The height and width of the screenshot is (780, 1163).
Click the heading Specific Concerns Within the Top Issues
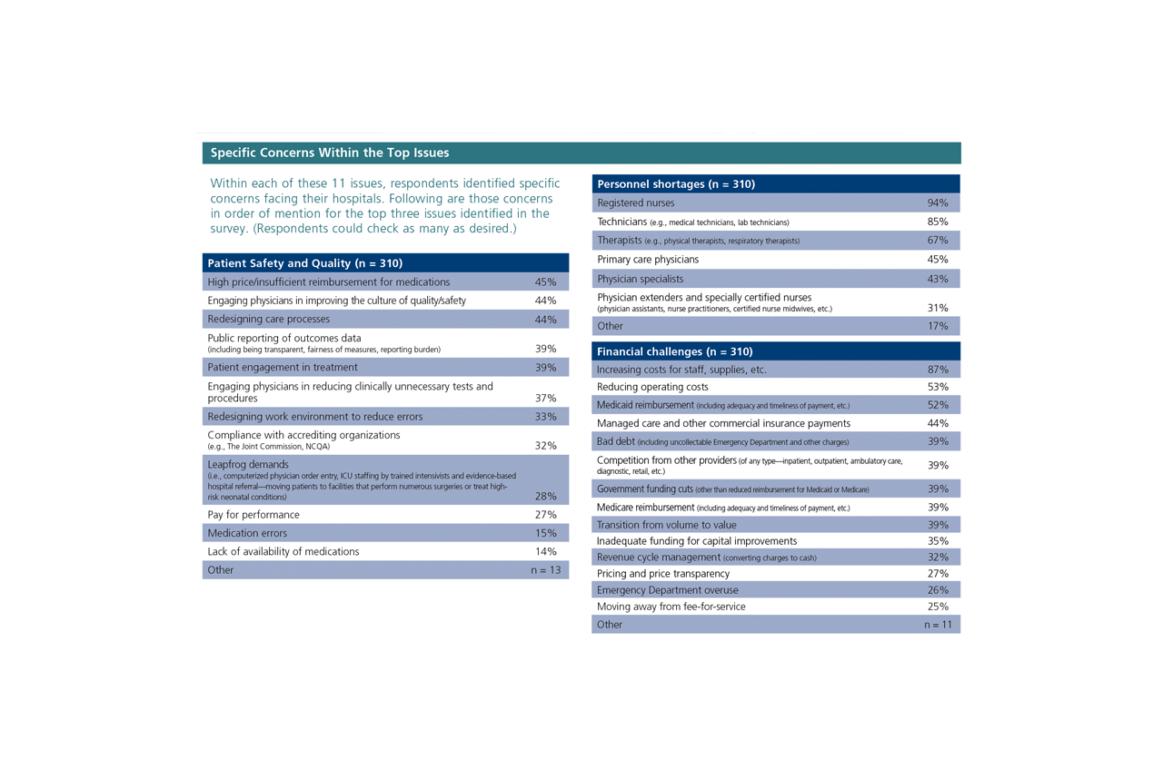point(330,153)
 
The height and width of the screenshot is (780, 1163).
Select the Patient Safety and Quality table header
point(304,263)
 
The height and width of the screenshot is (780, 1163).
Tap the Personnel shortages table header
point(676,184)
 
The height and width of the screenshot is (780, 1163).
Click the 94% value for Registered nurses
point(937,203)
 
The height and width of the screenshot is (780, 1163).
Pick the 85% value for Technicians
point(937,222)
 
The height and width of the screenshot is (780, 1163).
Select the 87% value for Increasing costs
point(938,370)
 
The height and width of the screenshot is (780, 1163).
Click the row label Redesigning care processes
point(269,320)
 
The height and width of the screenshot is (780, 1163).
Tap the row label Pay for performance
point(253,515)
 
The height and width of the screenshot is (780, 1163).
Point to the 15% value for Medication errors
point(545,533)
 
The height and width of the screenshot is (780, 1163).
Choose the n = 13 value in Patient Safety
point(546,570)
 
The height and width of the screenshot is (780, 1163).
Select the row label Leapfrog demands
point(248,465)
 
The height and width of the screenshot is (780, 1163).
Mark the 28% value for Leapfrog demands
point(545,496)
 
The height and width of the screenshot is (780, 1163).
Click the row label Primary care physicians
point(648,260)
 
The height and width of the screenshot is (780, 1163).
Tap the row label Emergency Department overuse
point(668,590)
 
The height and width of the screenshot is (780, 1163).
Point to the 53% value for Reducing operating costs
point(938,387)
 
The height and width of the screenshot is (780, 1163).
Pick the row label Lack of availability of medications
point(283,551)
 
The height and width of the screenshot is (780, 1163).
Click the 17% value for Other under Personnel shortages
point(938,326)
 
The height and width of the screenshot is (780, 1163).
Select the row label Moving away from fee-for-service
point(671,607)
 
